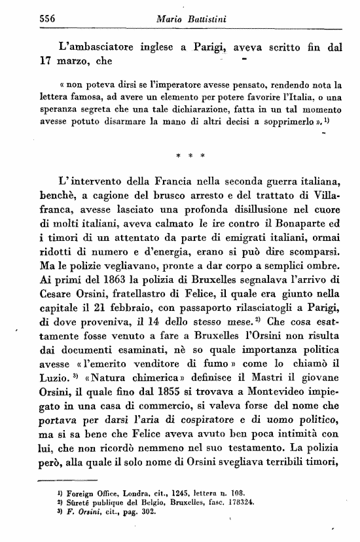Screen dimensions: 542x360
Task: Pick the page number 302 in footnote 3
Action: [149, 511]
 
